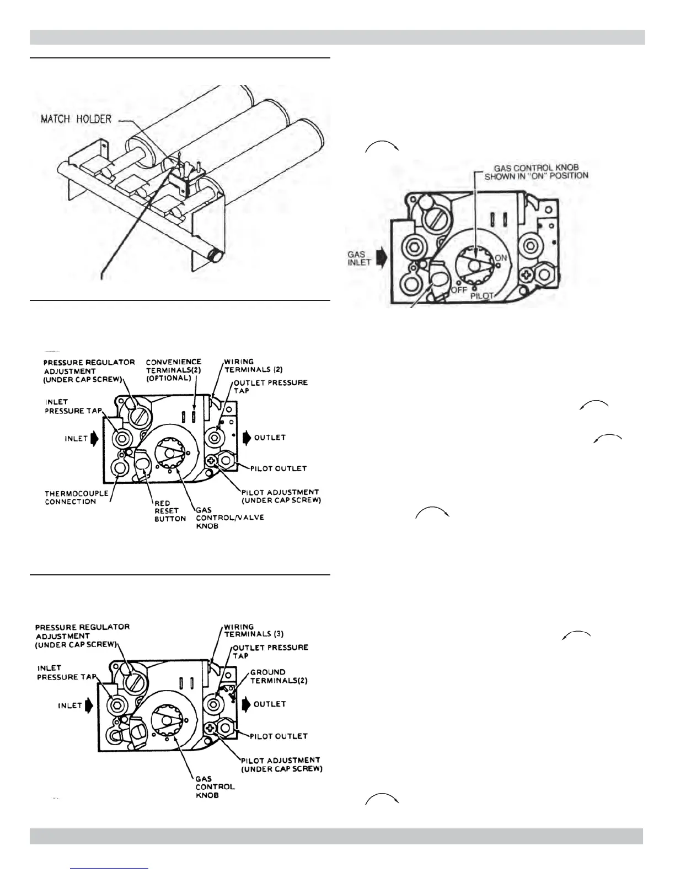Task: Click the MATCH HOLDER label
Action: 76,118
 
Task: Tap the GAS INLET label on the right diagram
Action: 360,258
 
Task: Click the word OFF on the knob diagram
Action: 459,289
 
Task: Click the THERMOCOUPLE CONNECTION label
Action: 70,497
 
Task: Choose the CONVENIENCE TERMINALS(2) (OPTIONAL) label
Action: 174,371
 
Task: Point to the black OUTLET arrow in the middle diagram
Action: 246,438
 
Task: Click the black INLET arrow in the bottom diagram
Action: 89,705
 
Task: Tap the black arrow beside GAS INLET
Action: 381,258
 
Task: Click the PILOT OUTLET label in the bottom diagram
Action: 278,736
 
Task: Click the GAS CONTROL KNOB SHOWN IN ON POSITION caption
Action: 536,171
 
